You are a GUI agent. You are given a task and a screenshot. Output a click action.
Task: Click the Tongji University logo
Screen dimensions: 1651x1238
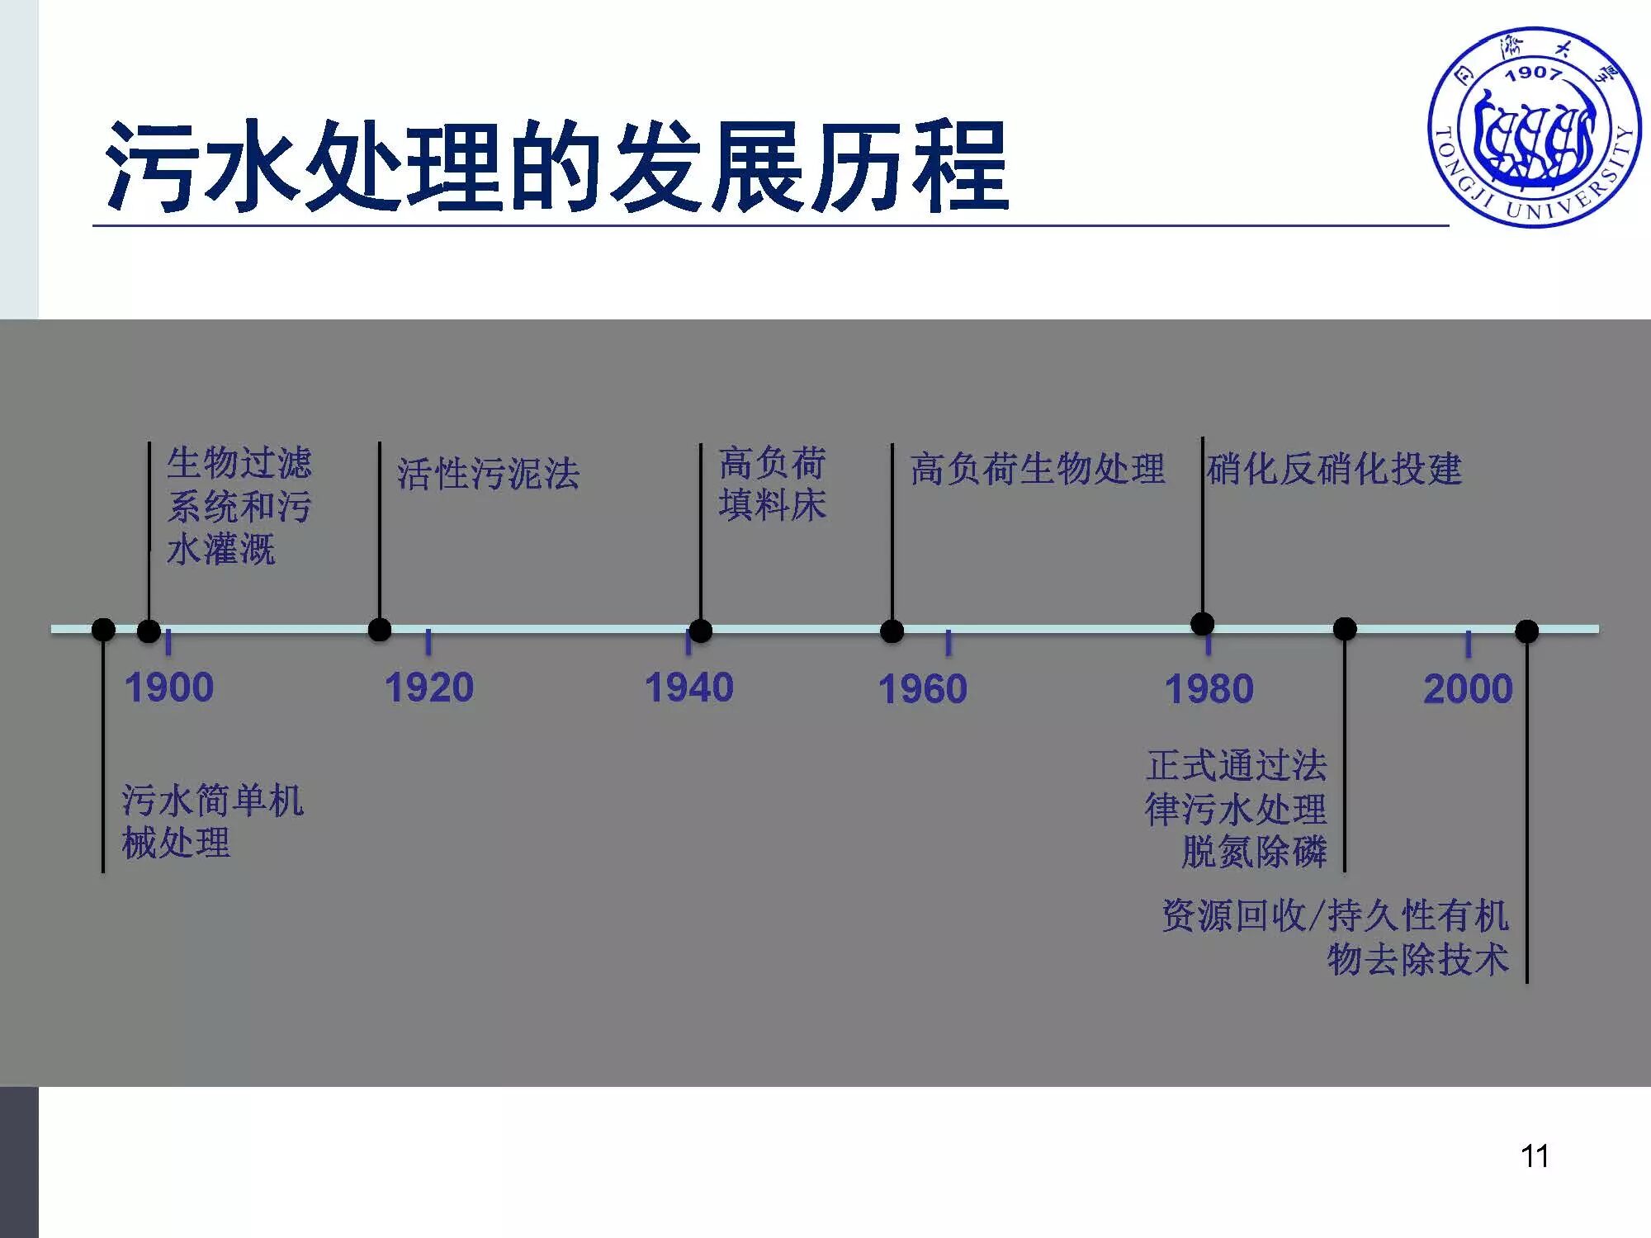coord(1534,128)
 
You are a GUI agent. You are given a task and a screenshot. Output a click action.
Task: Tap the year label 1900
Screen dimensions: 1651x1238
coord(169,688)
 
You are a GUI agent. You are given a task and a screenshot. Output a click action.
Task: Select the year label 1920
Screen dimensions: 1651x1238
coord(429,688)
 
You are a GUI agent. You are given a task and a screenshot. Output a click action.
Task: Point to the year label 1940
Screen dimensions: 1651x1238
coord(689,688)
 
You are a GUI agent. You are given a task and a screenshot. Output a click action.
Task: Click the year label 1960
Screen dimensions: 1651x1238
coord(923,689)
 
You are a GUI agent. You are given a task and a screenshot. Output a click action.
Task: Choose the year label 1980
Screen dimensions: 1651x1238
coord(1209,689)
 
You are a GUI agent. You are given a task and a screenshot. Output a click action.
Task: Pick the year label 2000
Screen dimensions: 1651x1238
coord(1469,688)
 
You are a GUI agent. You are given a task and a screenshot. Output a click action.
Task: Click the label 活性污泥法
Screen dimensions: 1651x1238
coord(489,474)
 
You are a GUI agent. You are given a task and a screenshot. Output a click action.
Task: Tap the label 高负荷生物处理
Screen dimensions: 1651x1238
coord(1038,469)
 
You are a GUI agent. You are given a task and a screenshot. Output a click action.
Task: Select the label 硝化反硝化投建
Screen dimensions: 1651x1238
coord(1334,469)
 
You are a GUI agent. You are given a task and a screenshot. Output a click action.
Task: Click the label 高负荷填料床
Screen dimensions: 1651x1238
coord(772,484)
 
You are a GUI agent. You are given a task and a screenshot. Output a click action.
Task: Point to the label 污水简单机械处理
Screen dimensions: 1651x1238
coord(212,821)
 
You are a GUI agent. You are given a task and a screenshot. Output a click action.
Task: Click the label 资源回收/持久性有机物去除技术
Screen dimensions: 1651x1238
coord(1335,937)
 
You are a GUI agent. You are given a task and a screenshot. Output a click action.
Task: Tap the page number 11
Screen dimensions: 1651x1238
coord(1535,1156)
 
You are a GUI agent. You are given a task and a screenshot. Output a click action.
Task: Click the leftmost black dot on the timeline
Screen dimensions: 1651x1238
coord(103,630)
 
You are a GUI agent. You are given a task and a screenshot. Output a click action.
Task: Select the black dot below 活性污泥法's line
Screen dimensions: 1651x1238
coord(380,630)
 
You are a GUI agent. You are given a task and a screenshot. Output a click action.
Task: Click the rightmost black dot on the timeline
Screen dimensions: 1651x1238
coord(1527,631)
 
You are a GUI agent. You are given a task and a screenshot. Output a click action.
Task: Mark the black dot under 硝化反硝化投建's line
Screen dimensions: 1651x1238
coord(1203,624)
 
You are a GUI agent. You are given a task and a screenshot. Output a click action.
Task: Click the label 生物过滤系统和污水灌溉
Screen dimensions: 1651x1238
coord(239,506)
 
